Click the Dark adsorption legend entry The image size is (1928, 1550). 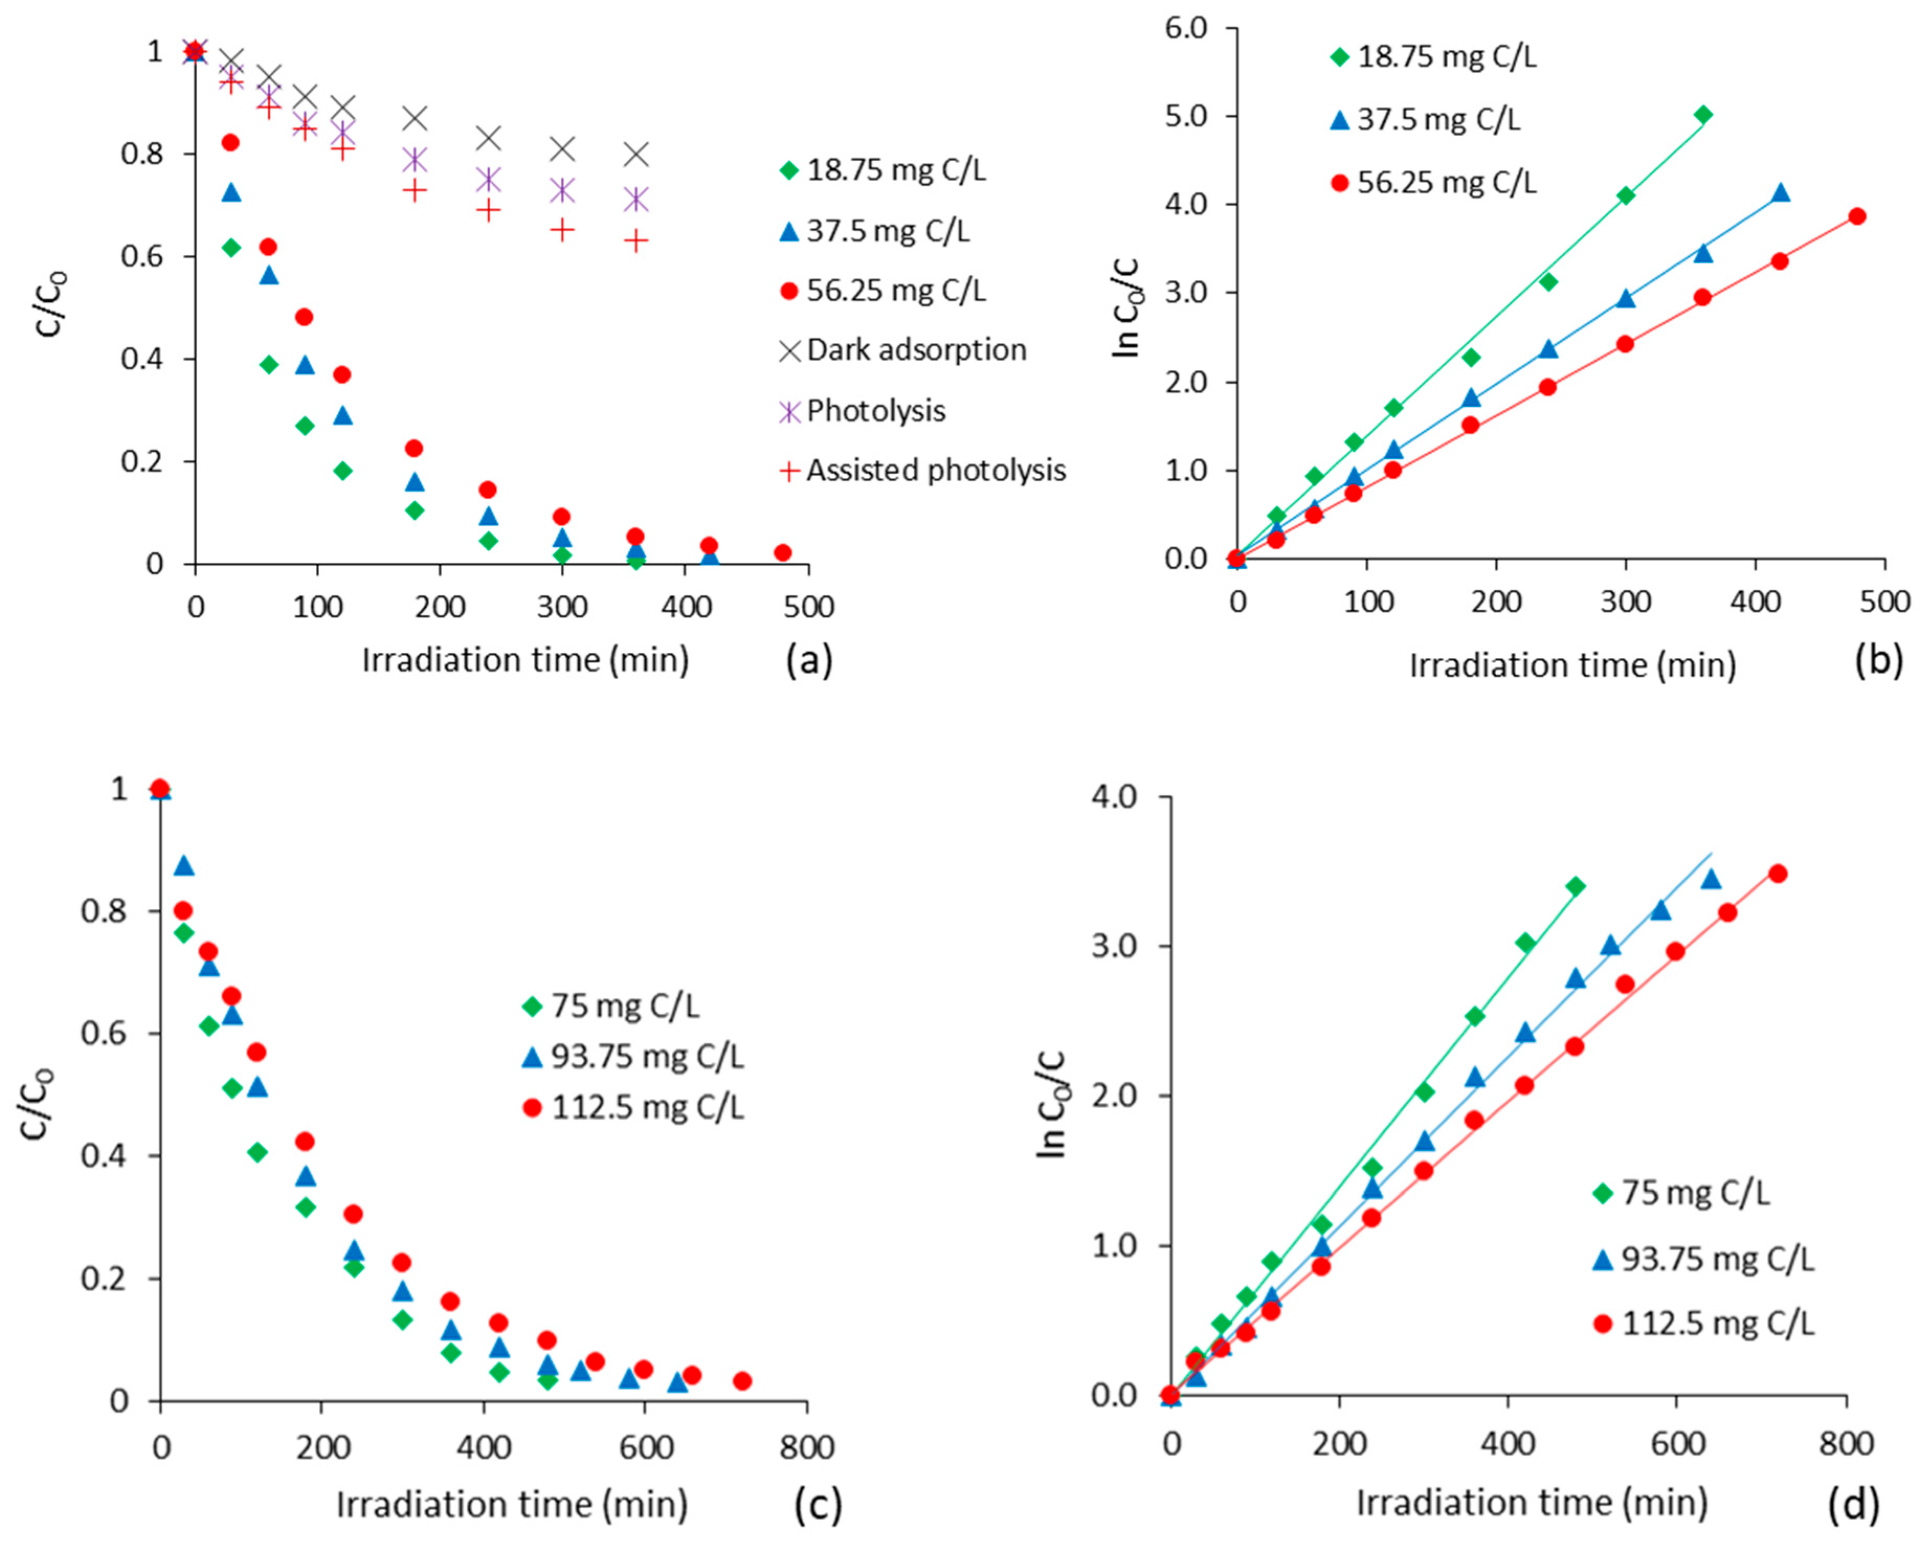pyautogui.click(x=901, y=350)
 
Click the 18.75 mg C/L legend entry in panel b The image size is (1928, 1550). pyautogui.click(x=1433, y=57)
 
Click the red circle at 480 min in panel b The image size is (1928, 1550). pyautogui.click(x=1856, y=216)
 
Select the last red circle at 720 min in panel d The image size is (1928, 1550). pyautogui.click(x=1778, y=874)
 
